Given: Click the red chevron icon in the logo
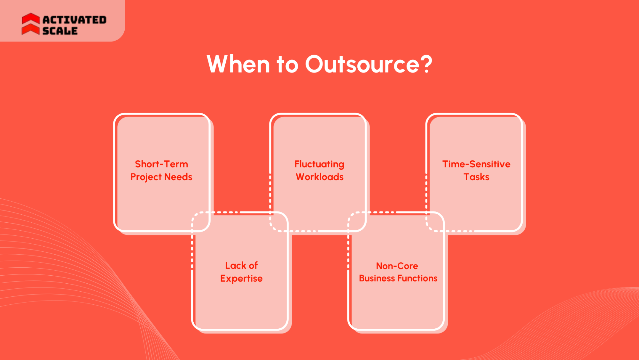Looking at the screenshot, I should [x=31, y=24].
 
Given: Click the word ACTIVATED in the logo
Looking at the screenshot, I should [x=74, y=20].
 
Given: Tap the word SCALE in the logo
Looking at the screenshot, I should [x=60, y=31].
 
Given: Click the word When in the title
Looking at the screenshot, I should [x=238, y=64].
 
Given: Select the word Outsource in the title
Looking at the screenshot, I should [x=362, y=64].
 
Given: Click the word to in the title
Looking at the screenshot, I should [x=287, y=64].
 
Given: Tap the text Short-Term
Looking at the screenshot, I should [x=161, y=164].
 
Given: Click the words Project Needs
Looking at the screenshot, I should [x=161, y=177].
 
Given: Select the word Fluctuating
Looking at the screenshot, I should [x=319, y=164].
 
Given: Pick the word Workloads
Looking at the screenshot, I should [x=320, y=177].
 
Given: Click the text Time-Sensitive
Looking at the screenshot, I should [x=476, y=164].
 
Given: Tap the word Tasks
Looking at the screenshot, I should [x=476, y=177].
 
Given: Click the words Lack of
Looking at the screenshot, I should [x=241, y=265].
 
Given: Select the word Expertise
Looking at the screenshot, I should [x=241, y=279].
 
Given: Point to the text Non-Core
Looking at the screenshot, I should [x=397, y=266].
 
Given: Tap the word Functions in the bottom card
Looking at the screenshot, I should [x=417, y=279].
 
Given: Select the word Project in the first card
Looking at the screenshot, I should [x=146, y=177].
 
